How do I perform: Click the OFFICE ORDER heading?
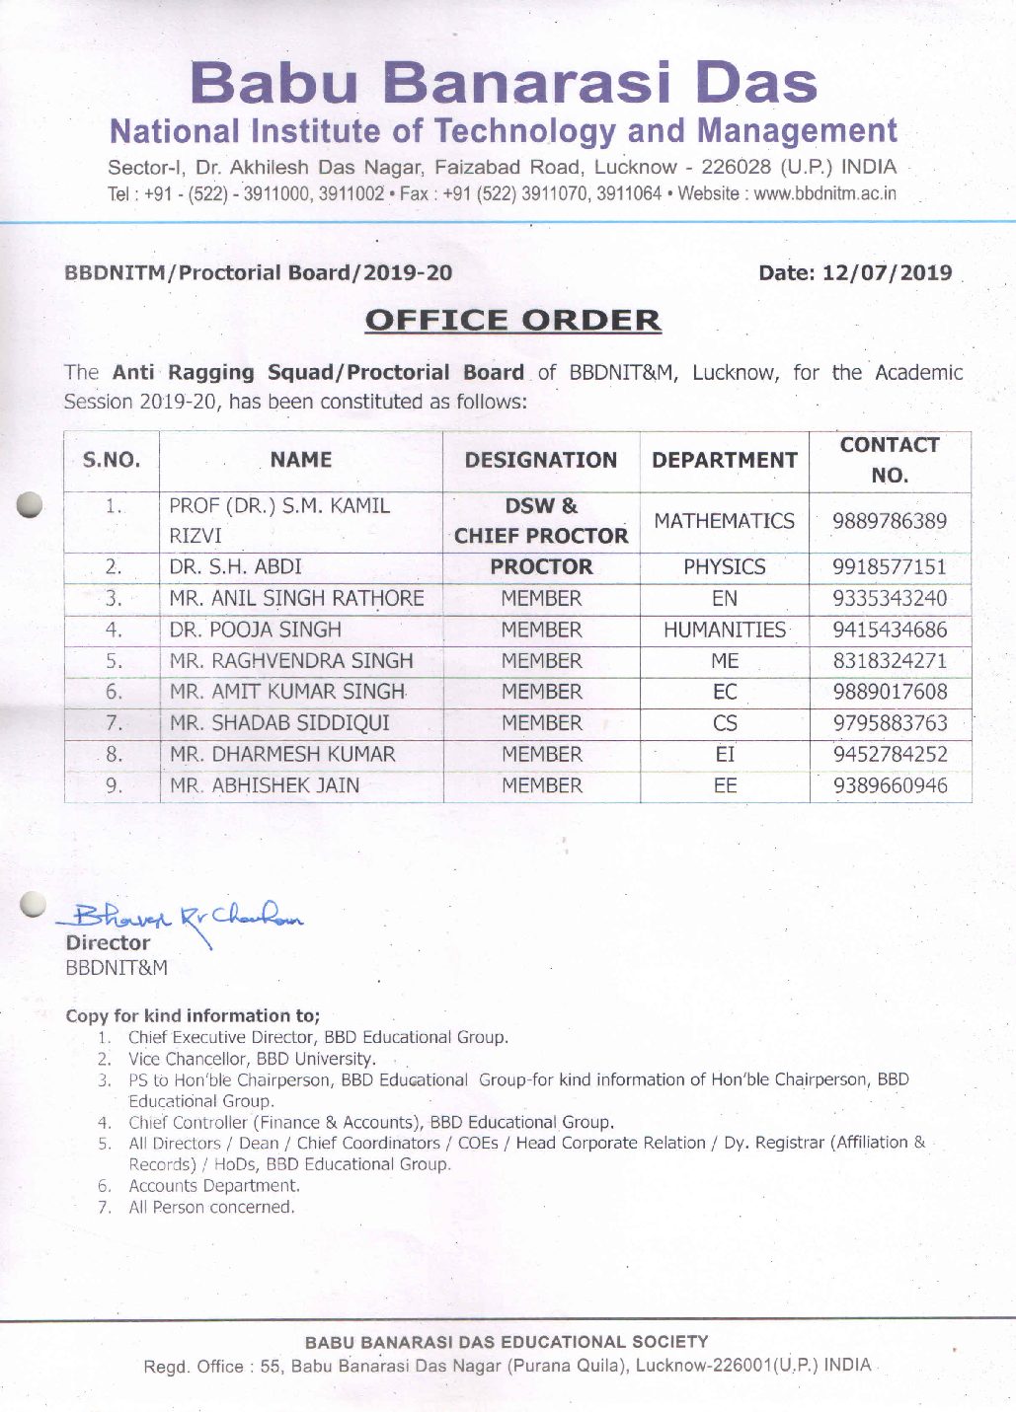pos(512,321)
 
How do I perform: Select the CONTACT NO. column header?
pos(889,460)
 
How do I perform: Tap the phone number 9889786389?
pos(889,521)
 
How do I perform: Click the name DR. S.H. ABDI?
pos(235,567)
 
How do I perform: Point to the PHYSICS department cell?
pos(724,567)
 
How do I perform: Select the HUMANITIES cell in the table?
pos(724,630)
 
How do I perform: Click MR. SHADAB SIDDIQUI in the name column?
pos(279,723)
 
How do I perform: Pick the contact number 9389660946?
pos(889,785)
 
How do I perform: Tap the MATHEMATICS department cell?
pos(724,521)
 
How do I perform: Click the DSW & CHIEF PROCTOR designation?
pos(541,521)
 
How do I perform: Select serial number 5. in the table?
pos(114,661)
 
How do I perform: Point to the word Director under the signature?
pos(108,943)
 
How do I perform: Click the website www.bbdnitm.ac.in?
pos(825,193)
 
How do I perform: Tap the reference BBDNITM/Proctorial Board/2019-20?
pos(258,272)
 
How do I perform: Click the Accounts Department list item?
pos(213,1186)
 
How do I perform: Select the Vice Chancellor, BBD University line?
pos(252,1059)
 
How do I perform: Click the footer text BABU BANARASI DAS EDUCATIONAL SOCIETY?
pos(507,1342)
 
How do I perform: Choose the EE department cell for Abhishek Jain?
pos(724,785)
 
